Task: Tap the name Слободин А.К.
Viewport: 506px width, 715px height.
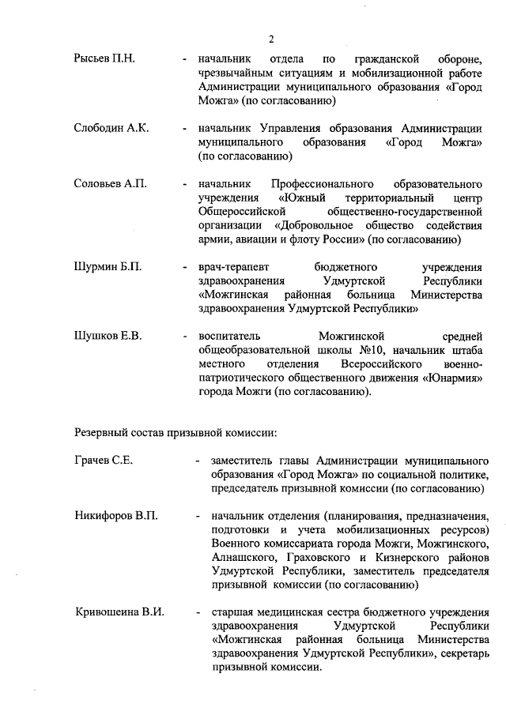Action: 111,128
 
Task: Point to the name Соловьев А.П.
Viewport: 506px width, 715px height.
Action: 110,183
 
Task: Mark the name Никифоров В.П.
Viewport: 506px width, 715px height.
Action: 116,516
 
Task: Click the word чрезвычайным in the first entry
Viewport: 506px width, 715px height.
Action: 238,74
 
